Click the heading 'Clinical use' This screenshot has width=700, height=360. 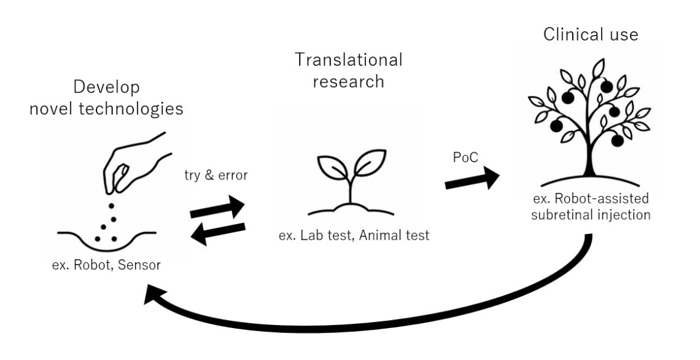[x=591, y=34]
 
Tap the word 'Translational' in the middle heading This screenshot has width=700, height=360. [x=348, y=60]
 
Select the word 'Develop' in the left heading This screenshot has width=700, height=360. [x=106, y=88]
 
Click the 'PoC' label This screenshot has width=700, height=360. [x=465, y=157]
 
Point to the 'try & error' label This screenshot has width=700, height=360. [x=216, y=175]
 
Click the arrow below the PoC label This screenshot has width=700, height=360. [x=472, y=179]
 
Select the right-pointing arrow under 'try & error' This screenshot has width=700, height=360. [x=217, y=207]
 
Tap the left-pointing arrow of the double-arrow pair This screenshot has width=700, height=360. [x=218, y=233]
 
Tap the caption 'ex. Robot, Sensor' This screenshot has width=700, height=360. [x=106, y=265]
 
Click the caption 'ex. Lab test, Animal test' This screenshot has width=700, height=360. [x=354, y=235]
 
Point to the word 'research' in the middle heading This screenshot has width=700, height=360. [x=348, y=81]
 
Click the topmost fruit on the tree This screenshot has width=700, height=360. [x=606, y=86]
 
